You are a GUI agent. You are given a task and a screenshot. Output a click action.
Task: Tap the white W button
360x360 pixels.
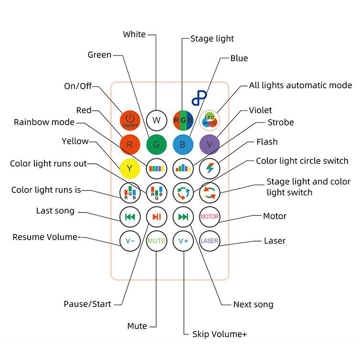[157, 120]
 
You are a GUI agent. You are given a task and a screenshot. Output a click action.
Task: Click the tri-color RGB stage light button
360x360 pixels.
[183, 120]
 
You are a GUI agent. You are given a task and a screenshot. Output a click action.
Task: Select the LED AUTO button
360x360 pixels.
[210, 120]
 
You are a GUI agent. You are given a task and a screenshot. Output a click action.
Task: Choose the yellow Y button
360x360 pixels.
[130, 169]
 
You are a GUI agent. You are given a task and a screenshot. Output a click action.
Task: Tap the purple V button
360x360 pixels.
[210, 145]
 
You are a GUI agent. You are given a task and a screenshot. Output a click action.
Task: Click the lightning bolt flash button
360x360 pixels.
[210, 169]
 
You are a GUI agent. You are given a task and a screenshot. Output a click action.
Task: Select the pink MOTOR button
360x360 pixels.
[210, 217]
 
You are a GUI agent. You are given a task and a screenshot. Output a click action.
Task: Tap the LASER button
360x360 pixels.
[210, 241]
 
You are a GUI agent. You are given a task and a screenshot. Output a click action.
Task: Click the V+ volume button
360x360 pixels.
[183, 241]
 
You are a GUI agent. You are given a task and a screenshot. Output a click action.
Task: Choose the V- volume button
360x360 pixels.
[130, 241]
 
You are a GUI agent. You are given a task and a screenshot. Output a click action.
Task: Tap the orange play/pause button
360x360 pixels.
[157, 217]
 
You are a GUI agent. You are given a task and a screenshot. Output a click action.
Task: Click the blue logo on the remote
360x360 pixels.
[199, 98]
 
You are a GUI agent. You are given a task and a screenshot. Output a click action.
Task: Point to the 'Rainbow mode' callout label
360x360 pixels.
[44, 122]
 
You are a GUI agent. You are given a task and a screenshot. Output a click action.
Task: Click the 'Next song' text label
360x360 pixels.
[253, 305]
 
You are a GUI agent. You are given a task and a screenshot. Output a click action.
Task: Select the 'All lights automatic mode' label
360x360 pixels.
[300, 85]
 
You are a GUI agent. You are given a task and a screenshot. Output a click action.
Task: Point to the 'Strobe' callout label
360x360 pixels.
[281, 122]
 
